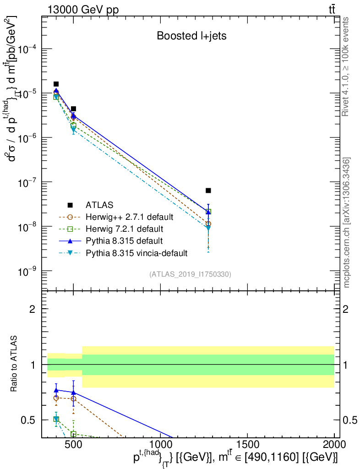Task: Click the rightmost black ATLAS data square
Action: click(208, 190)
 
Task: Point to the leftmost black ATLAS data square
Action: click(56, 84)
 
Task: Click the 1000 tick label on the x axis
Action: click(160, 445)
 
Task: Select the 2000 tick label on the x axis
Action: click(334, 445)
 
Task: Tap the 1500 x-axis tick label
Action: click(247, 445)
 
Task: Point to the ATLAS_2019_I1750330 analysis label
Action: click(190, 274)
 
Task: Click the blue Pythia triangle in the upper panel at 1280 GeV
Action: click(208, 212)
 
